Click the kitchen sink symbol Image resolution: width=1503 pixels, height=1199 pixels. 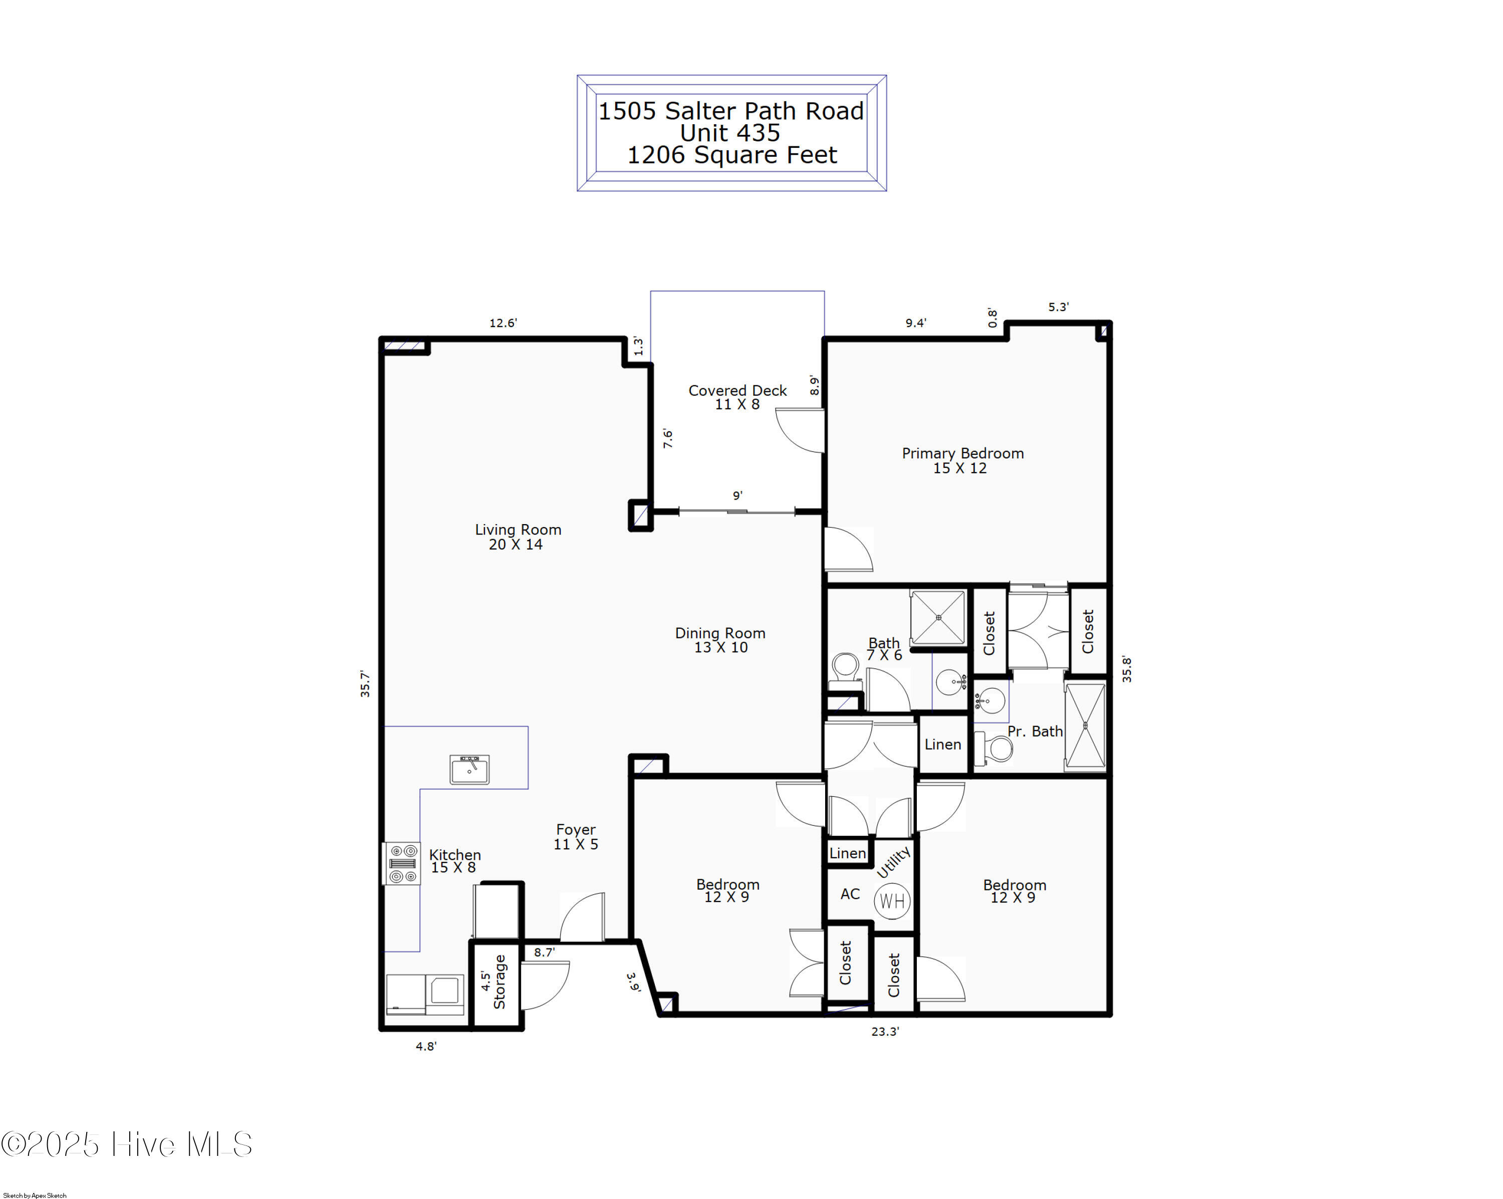coord(469,770)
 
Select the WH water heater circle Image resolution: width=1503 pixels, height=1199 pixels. coord(892,901)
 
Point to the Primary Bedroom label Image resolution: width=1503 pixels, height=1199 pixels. coord(962,460)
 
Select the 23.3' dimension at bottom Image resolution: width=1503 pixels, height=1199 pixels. coord(885,1031)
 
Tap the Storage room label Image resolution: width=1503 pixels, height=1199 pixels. coord(499,982)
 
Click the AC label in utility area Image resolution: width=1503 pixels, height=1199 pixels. coord(850,894)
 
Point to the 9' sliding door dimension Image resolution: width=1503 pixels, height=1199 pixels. coord(737,496)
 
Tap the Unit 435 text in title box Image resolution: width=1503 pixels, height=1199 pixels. coord(730,132)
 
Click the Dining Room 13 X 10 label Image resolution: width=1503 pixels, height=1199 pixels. coord(720,640)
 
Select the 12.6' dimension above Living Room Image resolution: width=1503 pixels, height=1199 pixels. coord(503,323)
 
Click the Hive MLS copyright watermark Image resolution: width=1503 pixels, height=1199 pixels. coord(127,1144)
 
